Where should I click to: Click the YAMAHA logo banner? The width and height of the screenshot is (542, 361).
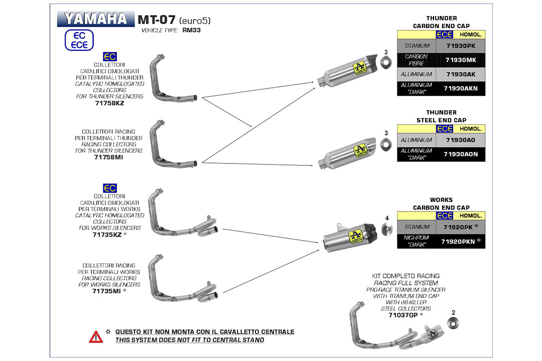(x=96, y=19)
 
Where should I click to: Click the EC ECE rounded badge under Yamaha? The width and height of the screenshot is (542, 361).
(x=79, y=40)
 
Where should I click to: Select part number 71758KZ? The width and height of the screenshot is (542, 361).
(x=109, y=103)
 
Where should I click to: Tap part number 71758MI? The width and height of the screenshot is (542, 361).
(x=109, y=157)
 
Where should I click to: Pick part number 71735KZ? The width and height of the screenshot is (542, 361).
(x=106, y=234)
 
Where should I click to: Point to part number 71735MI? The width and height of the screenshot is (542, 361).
(x=106, y=291)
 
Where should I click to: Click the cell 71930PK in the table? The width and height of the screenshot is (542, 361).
(x=460, y=46)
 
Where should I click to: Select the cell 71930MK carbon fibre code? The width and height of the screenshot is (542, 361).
(x=460, y=60)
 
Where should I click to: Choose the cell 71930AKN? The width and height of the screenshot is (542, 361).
(x=460, y=89)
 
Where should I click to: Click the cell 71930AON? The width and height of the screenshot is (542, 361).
(x=460, y=154)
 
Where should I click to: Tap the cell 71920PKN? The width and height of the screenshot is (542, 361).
(x=458, y=242)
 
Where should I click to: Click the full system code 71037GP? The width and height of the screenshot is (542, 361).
(x=403, y=315)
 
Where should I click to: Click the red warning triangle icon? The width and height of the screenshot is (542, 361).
(x=96, y=336)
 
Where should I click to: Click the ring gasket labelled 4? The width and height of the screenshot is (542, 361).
(x=386, y=231)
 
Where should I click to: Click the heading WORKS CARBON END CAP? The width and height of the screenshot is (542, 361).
(x=441, y=204)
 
